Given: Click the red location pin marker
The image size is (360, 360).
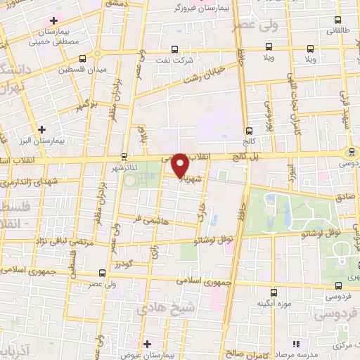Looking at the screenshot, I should (181, 164).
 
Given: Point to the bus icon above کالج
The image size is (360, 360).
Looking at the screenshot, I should (249, 131).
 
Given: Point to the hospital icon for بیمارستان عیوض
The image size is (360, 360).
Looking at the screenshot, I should (146, 344).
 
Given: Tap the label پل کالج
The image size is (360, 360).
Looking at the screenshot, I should (245, 160).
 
